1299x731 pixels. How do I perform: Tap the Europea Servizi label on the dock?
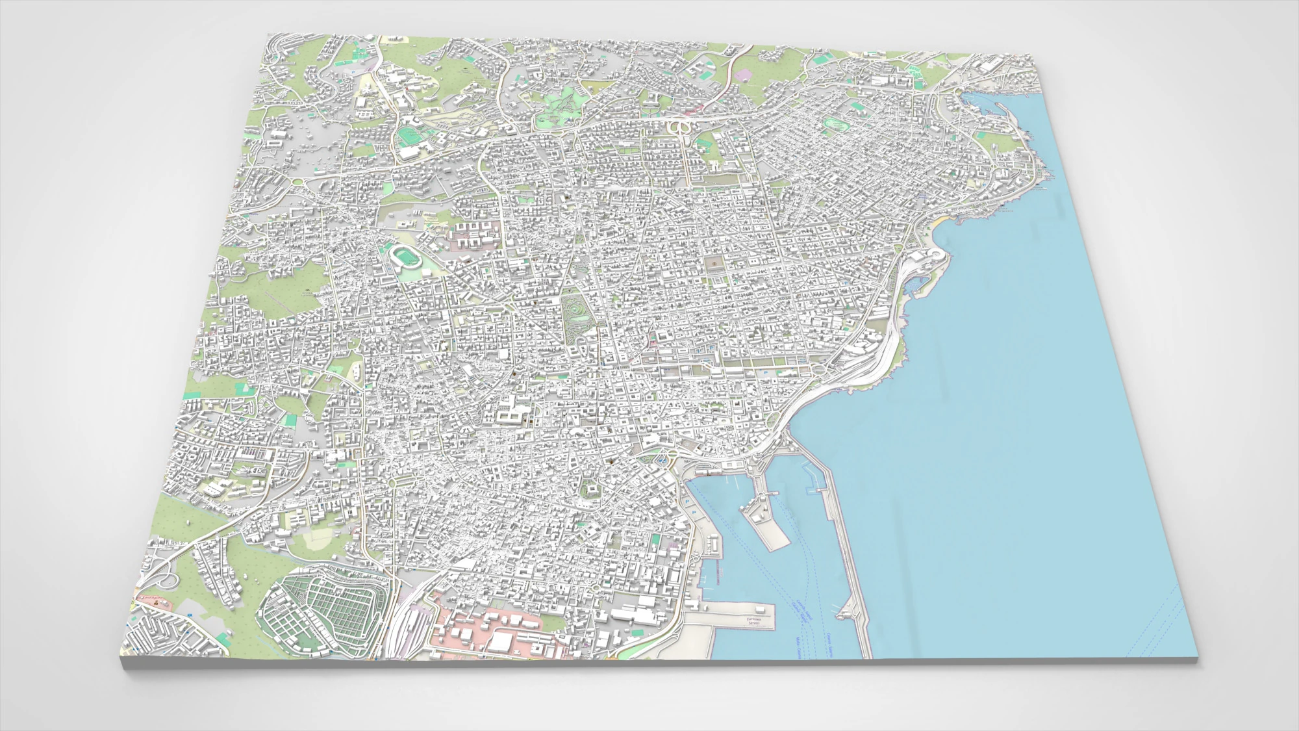click(753, 621)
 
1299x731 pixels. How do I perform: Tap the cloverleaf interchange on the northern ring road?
click(680, 127)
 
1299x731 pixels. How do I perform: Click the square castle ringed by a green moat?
click(590, 489)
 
